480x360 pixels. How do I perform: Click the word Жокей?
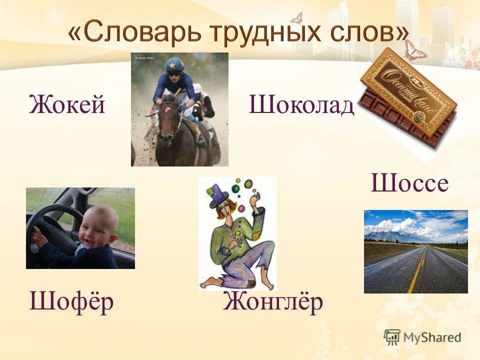click(67, 105)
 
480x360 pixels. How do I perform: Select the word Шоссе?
click(409, 183)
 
